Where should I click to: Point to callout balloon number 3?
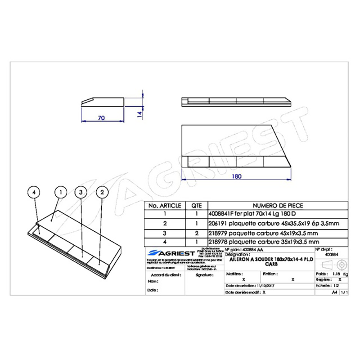tap(81, 192)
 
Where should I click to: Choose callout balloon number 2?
tap(103, 192)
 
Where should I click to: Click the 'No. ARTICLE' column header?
tap(164, 205)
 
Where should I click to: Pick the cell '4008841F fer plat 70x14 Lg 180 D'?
tap(247, 214)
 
